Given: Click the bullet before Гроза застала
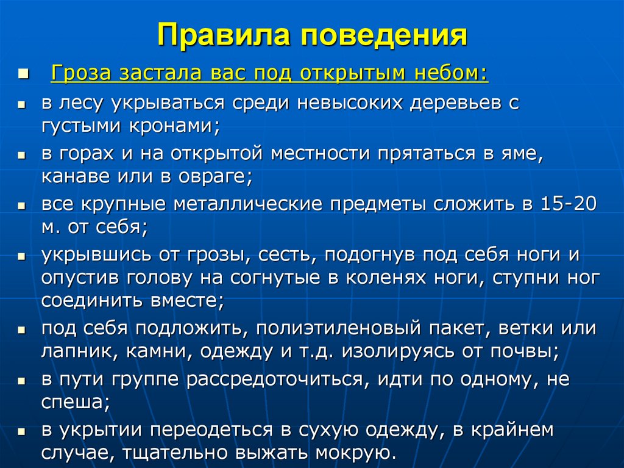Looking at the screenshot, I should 23,74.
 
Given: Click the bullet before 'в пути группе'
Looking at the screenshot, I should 21,380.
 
